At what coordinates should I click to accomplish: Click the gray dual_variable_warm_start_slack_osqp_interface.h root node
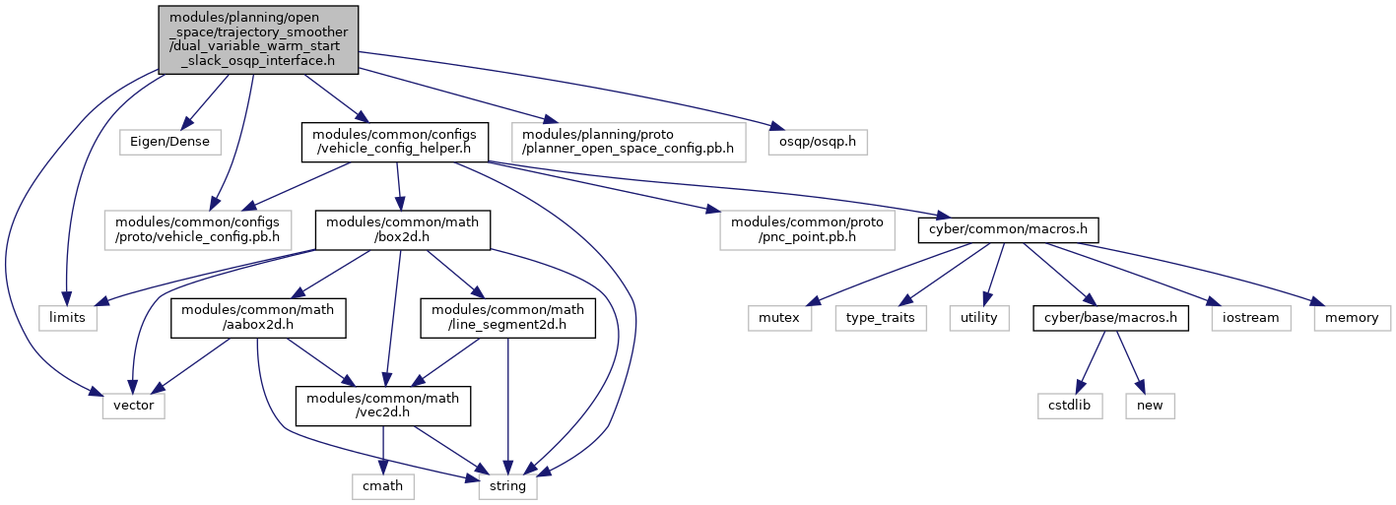point(258,39)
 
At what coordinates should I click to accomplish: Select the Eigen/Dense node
point(169,142)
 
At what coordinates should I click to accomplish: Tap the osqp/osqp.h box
point(818,142)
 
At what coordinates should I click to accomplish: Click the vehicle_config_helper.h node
point(394,143)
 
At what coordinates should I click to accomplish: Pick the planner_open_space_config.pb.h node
point(629,143)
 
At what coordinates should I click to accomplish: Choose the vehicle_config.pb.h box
point(198,230)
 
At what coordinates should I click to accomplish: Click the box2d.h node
point(403,230)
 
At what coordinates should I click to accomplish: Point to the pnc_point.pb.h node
point(807,230)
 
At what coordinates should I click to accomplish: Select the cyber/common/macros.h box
point(1008,229)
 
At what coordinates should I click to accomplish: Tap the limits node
point(67,318)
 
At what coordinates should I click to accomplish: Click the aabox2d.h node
point(258,318)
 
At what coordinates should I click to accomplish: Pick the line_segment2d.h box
point(508,318)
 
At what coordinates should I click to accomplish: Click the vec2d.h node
point(383,407)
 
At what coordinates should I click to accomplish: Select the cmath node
point(382,486)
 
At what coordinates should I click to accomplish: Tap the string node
point(508,486)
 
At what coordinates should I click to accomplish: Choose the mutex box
point(779,318)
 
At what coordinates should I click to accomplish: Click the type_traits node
point(881,318)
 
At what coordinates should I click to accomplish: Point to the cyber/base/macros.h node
point(1110,318)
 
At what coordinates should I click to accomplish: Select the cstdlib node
point(1070,406)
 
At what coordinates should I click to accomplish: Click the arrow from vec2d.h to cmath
point(383,450)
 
